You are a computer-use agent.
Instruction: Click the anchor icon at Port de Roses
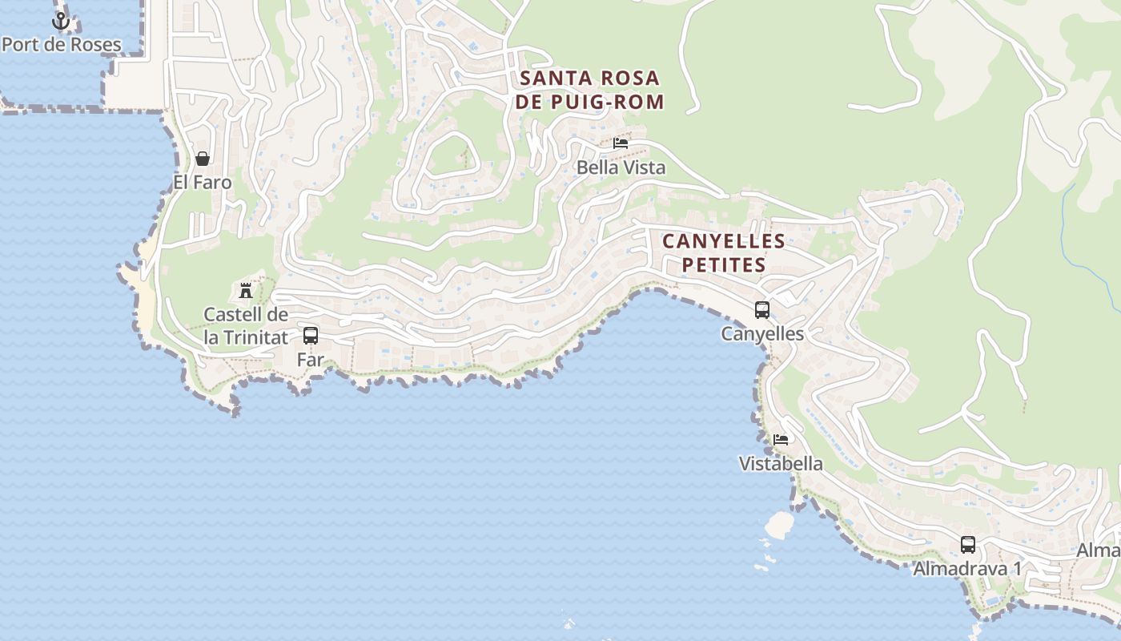coord(61,21)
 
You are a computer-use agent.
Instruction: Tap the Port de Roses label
coord(62,44)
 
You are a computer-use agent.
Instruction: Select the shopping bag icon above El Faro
coord(203,159)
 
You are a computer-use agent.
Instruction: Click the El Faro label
coord(203,183)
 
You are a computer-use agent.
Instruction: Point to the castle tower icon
coord(246,290)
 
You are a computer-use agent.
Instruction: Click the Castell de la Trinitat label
coord(246,325)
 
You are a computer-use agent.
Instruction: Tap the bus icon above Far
coord(311,336)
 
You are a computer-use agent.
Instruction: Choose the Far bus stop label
coord(311,360)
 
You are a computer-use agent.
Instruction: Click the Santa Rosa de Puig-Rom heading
coord(591,90)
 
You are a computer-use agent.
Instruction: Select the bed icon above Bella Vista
coord(621,144)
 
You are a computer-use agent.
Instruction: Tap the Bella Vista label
coord(621,168)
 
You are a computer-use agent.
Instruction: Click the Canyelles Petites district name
coord(724,252)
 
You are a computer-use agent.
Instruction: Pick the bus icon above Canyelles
coord(762,309)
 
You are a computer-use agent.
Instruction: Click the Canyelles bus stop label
coord(762,333)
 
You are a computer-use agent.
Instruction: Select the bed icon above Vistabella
coord(781,439)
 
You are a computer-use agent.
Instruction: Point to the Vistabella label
coord(781,463)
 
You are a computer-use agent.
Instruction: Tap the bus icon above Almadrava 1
coord(968,545)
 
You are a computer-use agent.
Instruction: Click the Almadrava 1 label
coord(968,569)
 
